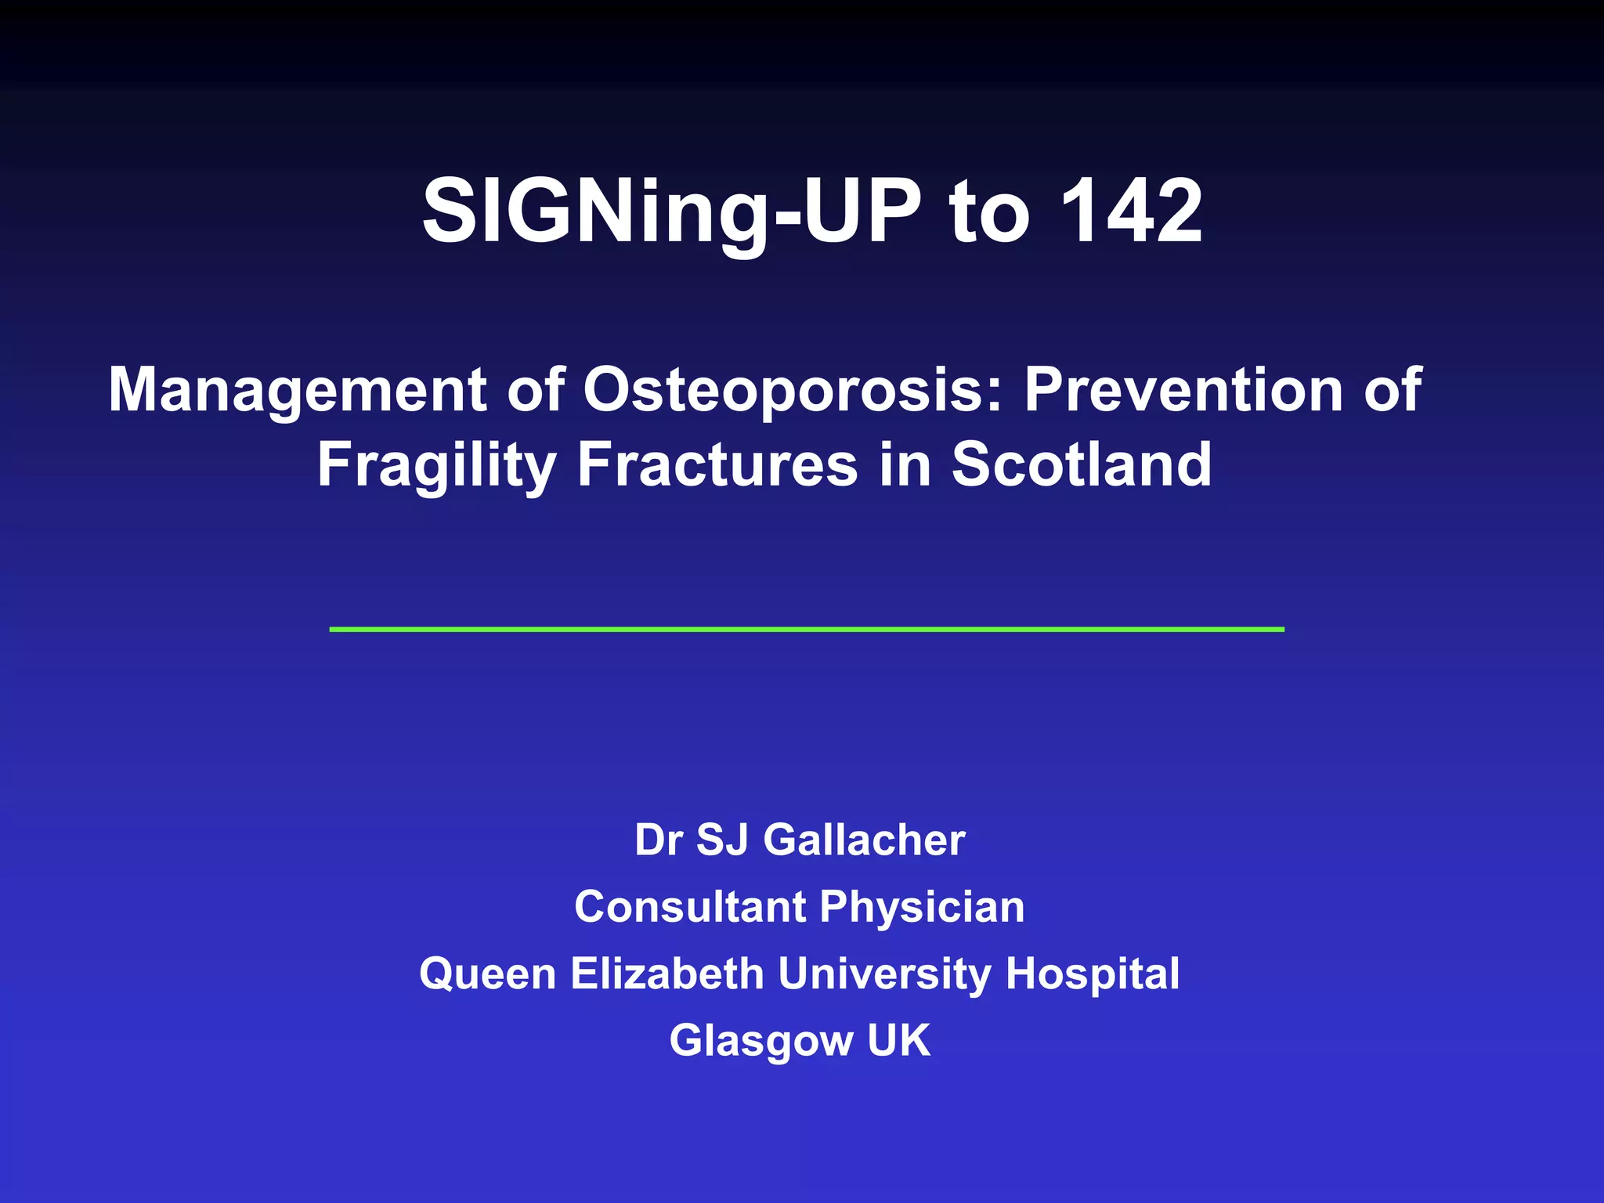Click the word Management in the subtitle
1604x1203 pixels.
[298, 390]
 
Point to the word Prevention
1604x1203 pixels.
[1183, 390]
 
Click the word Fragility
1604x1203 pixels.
[436, 465]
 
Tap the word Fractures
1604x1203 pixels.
[717, 464]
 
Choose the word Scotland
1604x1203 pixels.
[1082, 464]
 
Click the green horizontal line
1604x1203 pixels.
[807, 629]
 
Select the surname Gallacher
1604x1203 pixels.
[864, 840]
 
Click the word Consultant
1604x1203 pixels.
[690, 907]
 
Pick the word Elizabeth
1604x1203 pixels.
[667, 974]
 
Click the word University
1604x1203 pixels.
[884, 975]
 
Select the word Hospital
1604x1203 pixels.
[1092, 975]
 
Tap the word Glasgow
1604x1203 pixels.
[760, 1042]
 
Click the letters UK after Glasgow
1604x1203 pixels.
[898, 1040]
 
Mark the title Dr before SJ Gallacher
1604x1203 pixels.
[659, 840]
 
